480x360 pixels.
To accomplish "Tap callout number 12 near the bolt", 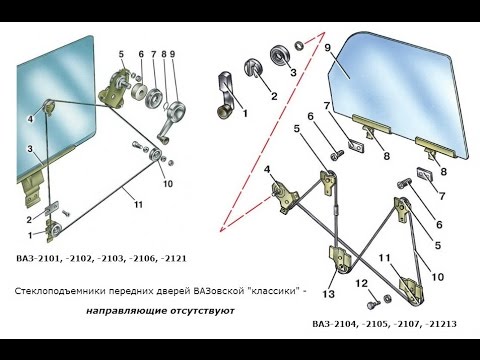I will [x=360, y=283].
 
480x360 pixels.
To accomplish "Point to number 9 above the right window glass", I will [x=327, y=46].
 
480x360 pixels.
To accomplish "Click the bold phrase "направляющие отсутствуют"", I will [x=160, y=311].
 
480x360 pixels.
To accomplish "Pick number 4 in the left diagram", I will [x=31, y=119].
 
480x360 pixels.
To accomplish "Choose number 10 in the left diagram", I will [x=168, y=184].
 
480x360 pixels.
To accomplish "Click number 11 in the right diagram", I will [x=383, y=258].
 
